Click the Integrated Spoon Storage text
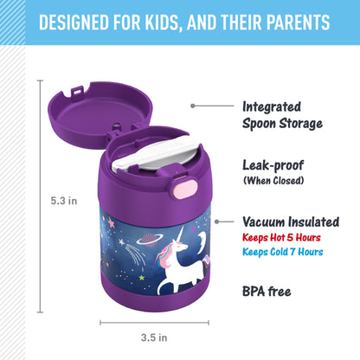coord(282,115)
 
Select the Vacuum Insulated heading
coord(291,222)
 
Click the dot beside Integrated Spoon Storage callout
coord(192,106)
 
